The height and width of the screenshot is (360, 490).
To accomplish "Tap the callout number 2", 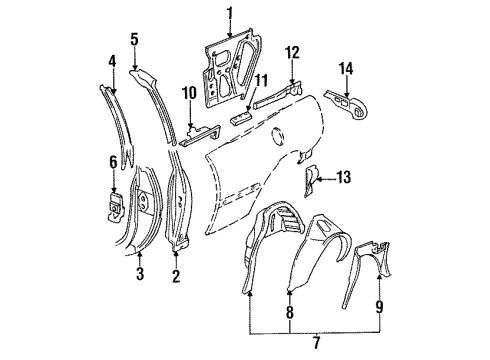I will [x=176, y=277].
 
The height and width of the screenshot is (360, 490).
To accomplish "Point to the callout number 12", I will [x=292, y=52].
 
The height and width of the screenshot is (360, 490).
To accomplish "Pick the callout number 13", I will [x=343, y=178].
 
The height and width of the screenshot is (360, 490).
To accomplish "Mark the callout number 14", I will [x=347, y=68].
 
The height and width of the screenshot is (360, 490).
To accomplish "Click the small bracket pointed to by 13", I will [x=313, y=179].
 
